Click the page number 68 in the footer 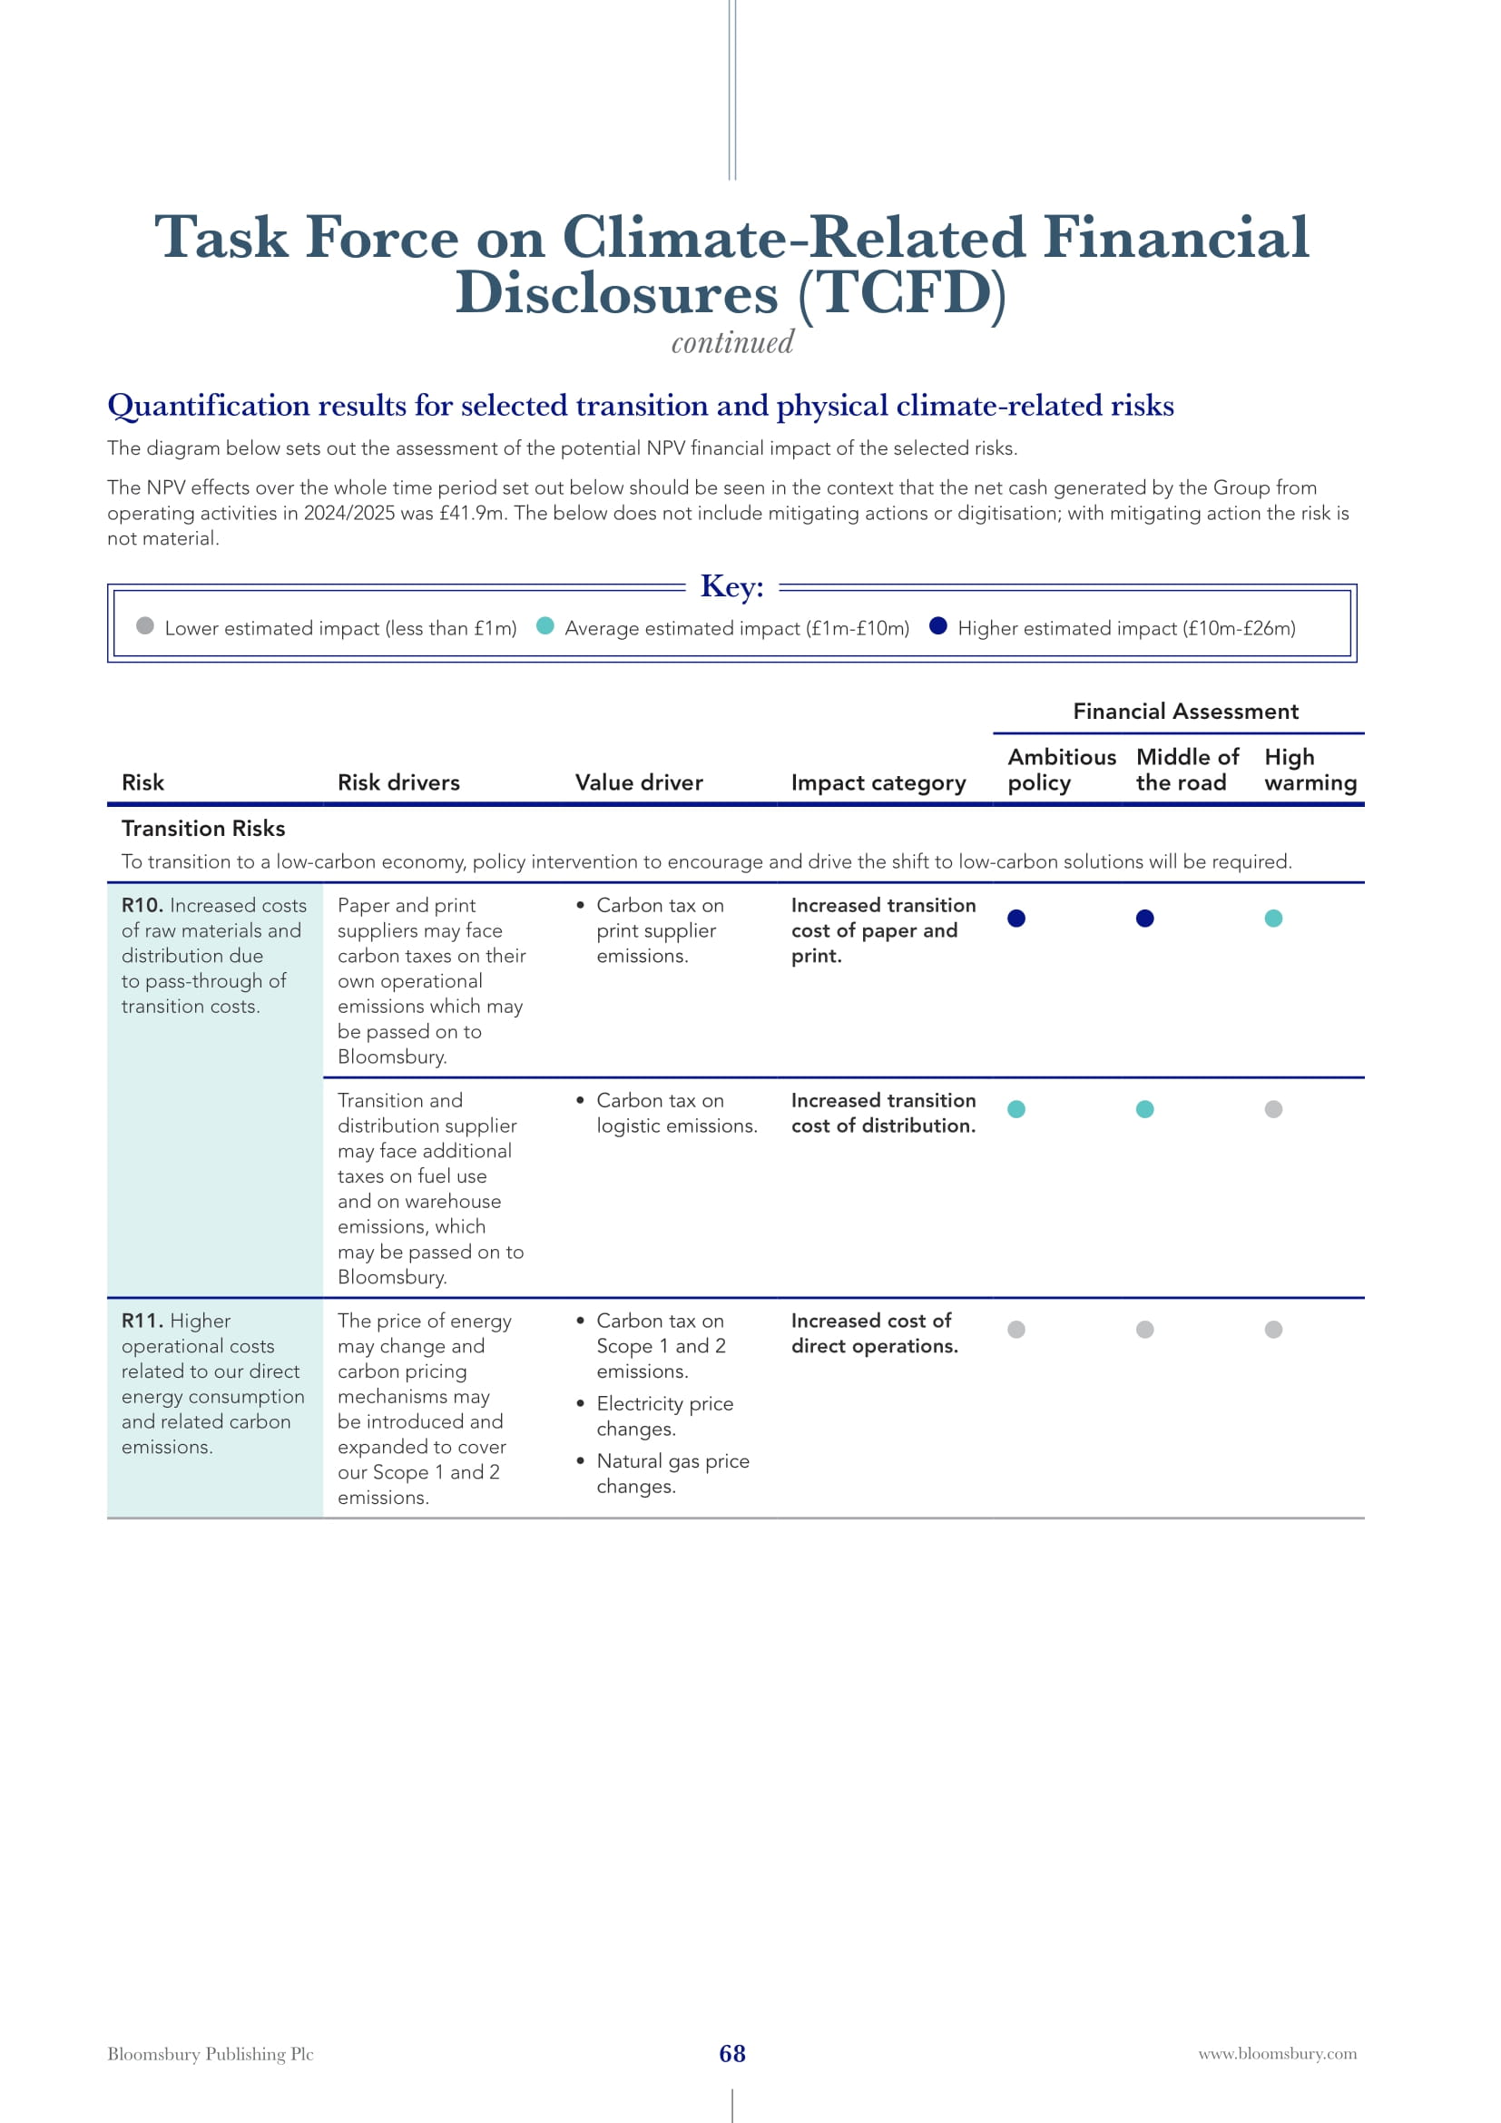coord(732,2054)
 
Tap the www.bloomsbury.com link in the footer coord(1278,2054)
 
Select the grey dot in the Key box coord(145,626)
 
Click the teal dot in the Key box coord(545,626)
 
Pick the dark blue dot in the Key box coord(938,626)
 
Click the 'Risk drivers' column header coord(398,782)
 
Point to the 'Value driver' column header coord(639,782)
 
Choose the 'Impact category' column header coord(878,782)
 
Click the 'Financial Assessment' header coord(1185,711)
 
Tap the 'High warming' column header coord(1310,770)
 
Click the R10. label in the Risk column coord(142,905)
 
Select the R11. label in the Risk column coord(142,1321)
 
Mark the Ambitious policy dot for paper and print coord(1015,919)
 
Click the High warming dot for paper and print coord(1272,919)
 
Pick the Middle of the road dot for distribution coord(1144,1108)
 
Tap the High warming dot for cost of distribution coord(1272,1108)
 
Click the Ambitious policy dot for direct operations coord(1015,1329)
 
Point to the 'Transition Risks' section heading coord(203,829)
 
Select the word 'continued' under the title coord(732,343)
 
